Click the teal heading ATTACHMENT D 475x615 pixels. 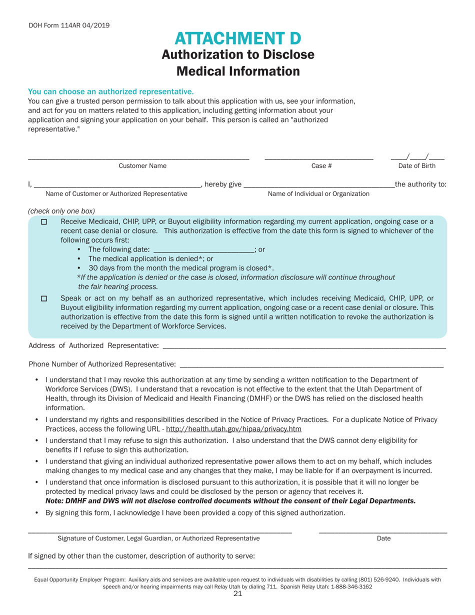click(238, 38)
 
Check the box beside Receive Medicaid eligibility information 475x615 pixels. click(43, 222)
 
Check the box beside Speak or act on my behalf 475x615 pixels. click(43, 298)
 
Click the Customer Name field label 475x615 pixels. click(142, 166)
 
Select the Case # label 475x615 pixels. click(318, 166)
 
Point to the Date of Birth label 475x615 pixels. click(416, 166)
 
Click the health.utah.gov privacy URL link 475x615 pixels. click(233, 429)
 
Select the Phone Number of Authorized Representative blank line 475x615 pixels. click(311, 364)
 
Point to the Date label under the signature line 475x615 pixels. click(383, 538)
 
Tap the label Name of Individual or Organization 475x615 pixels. click(319, 193)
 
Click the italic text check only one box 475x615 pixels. click(61, 210)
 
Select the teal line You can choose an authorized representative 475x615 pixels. click(110, 91)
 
